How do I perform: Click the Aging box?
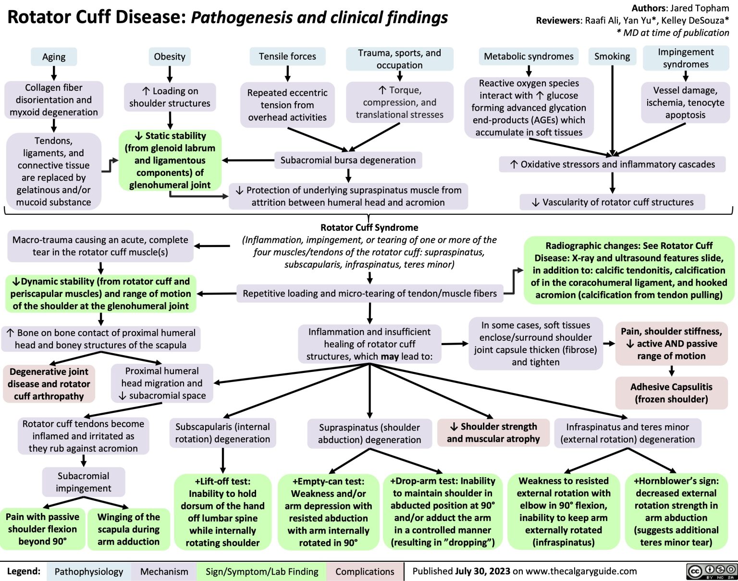click(x=54, y=57)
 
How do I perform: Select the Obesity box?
click(x=169, y=57)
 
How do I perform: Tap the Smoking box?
click(x=612, y=57)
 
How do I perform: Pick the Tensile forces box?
click(x=287, y=57)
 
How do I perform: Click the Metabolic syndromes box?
click(x=529, y=57)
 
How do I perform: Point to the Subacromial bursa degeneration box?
click(x=348, y=160)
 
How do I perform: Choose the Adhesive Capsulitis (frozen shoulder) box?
click(x=671, y=393)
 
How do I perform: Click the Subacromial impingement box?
click(x=84, y=482)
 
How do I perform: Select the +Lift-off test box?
click(x=222, y=512)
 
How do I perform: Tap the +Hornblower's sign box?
click(x=676, y=512)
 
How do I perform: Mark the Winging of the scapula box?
click(x=128, y=529)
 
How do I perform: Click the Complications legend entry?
click(x=365, y=571)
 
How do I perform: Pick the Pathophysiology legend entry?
click(x=89, y=571)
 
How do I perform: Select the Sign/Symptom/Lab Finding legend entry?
click(x=262, y=571)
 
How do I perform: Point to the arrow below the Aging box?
click(x=54, y=73)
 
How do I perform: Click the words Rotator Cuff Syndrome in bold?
click(x=369, y=227)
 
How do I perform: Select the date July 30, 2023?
click(x=482, y=571)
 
